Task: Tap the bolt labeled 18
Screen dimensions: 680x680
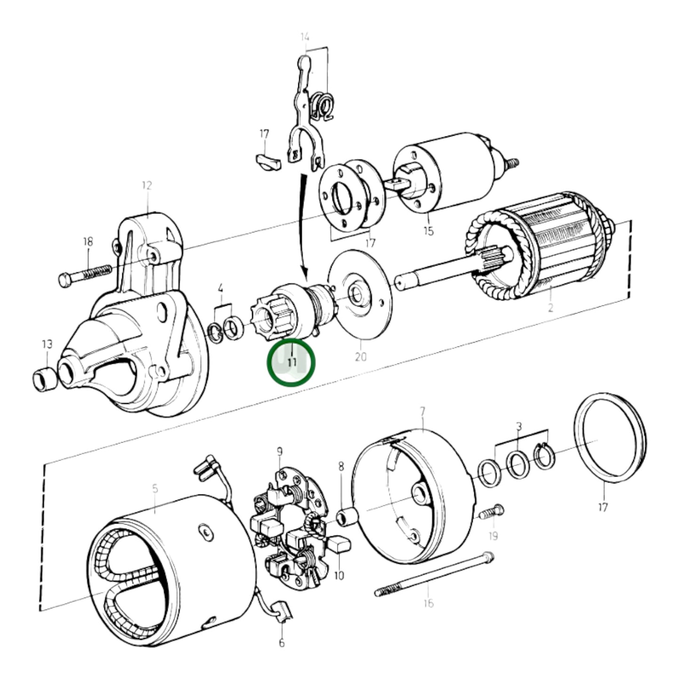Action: pyautogui.click(x=85, y=274)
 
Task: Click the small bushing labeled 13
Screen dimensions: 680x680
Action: pyautogui.click(x=44, y=379)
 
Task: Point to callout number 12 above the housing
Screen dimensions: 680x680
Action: pyautogui.click(x=147, y=185)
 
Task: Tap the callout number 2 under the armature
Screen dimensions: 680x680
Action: pyautogui.click(x=550, y=308)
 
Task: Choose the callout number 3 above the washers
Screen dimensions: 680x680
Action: pyautogui.click(x=519, y=427)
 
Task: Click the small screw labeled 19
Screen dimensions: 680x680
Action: pyautogui.click(x=492, y=512)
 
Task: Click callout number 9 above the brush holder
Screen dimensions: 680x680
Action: pyautogui.click(x=280, y=452)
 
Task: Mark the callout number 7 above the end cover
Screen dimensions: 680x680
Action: pyautogui.click(x=422, y=412)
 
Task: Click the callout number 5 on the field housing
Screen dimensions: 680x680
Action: pyautogui.click(x=155, y=489)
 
